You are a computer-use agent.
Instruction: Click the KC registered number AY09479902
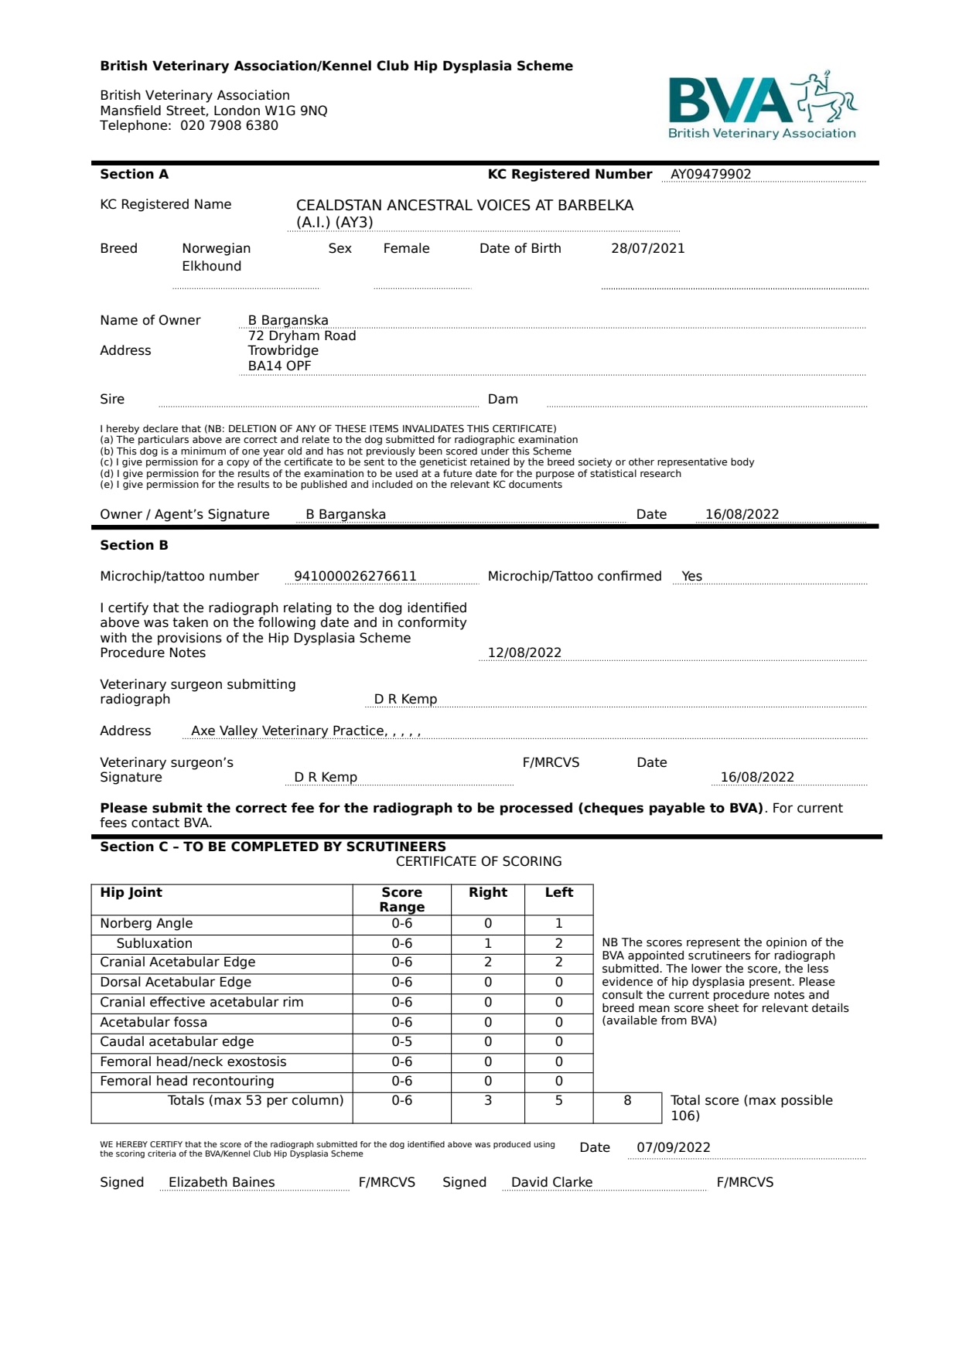point(711,175)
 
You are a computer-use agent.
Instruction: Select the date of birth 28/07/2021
point(647,249)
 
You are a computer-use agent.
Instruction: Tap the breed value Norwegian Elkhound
point(216,257)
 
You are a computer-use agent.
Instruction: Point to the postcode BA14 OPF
point(279,366)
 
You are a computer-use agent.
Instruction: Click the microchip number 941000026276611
point(355,577)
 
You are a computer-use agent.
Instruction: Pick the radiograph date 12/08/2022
point(524,653)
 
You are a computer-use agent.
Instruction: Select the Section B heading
point(134,546)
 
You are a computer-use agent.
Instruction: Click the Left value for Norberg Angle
point(558,924)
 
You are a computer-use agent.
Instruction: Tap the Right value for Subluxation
point(487,944)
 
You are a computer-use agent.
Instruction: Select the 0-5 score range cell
point(401,1042)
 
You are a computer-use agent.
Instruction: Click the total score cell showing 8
point(627,1101)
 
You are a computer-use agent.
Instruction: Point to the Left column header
point(558,893)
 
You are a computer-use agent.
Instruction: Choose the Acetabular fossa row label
point(153,1023)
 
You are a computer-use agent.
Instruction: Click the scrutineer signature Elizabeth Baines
point(221,1183)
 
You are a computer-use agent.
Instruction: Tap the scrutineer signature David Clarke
point(551,1183)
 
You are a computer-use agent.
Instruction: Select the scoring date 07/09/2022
point(673,1148)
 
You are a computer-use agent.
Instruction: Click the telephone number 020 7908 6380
point(229,126)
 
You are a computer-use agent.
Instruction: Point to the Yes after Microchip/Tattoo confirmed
point(691,577)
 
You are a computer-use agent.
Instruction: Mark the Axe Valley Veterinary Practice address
point(305,731)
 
